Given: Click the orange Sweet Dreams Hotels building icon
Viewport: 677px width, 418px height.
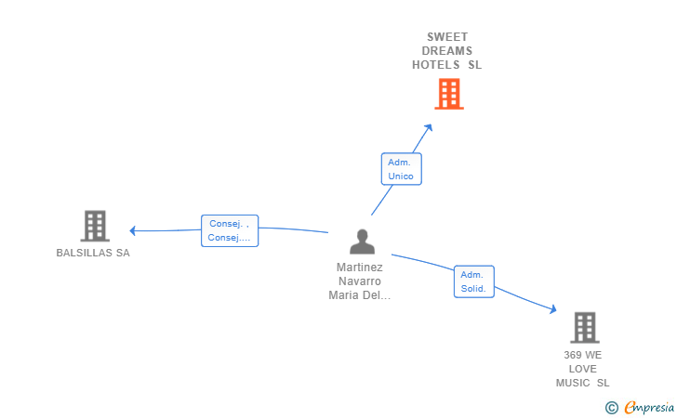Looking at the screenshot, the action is (449, 94).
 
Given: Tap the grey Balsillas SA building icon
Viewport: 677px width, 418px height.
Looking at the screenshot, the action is (95, 226).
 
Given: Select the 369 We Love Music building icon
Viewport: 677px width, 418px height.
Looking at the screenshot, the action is (585, 327).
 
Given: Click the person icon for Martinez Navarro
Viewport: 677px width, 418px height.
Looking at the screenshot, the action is (363, 242).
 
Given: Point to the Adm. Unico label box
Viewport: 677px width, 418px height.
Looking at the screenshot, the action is (401, 169).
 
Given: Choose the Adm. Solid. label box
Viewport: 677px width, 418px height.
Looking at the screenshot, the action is (473, 281).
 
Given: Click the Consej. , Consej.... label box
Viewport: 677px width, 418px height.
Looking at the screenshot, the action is (230, 230).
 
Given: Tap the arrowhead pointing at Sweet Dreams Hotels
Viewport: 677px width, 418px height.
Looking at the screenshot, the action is (429, 127).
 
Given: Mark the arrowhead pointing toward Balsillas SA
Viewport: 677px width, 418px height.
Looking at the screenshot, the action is (133, 230).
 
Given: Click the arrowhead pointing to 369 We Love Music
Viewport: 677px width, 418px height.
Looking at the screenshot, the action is (553, 309).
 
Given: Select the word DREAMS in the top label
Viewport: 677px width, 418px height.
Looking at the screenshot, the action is (447, 51).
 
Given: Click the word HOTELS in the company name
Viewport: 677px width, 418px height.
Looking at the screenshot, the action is (435, 65).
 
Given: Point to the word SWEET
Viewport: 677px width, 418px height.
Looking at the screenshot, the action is (447, 36).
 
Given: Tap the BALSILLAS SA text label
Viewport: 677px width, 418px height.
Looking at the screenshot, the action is (93, 253).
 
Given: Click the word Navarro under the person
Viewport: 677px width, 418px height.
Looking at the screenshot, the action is (360, 281).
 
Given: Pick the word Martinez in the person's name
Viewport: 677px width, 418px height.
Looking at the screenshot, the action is (360, 268).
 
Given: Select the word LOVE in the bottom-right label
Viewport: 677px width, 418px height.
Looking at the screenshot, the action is (582, 369).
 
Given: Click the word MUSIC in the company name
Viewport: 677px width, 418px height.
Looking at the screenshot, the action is (573, 383).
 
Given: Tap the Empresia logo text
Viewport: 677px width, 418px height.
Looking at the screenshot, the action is (649, 407).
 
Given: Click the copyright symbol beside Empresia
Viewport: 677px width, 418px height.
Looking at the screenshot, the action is (611, 408).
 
